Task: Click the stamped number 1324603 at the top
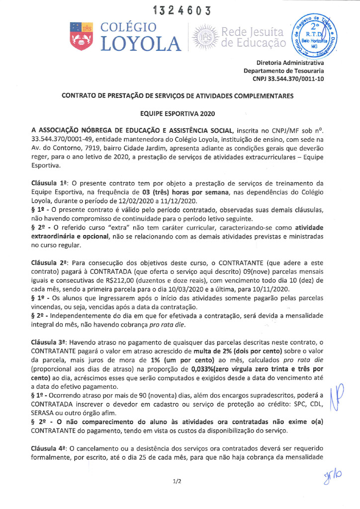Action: (x=180, y=10)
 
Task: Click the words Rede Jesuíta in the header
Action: (x=253, y=32)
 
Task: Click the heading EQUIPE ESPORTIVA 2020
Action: (x=180, y=114)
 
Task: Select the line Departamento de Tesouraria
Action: (x=284, y=71)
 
